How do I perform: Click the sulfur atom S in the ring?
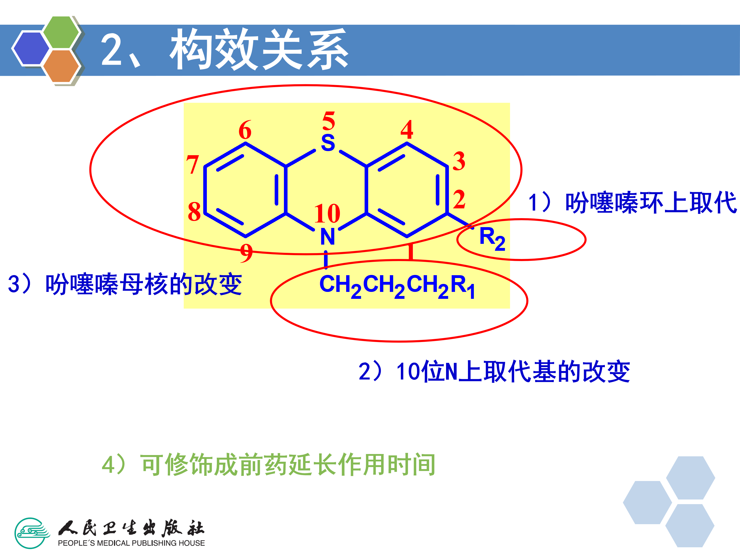coord(328,143)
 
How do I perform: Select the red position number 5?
coord(329,121)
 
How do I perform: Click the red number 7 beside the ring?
coord(193,165)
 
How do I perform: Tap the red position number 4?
coord(407,130)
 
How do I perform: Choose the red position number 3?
coord(459,161)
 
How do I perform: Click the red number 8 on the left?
coord(194,211)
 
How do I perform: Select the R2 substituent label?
coord(492,238)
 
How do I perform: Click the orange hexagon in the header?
coord(61,66)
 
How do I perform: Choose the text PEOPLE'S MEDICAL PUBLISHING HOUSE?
coord(131,543)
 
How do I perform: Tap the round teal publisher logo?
coord(31,533)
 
